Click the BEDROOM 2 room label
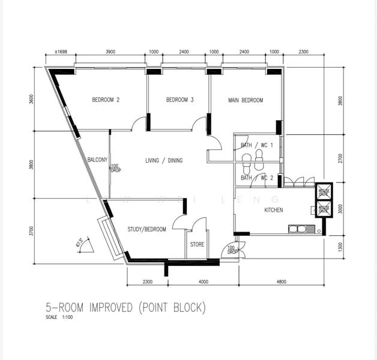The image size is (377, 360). pyautogui.click(x=106, y=100)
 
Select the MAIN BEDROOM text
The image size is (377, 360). pyautogui.click(x=246, y=100)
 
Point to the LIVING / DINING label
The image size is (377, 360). pyautogui.click(x=164, y=160)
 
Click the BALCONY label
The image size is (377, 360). pyautogui.click(x=97, y=160)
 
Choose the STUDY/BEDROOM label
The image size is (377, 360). pyautogui.click(x=146, y=229)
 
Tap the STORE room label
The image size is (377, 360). pyautogui.click(x=198, y=245)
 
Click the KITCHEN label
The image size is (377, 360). pyautogui.click(x=274, y=210)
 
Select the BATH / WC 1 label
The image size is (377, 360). pyautogui.click(x=257, y=145)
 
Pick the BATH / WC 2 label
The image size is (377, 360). pyautogui.click(x=257, y=178)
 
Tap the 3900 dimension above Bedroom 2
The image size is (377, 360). pyautogui.click(x=110, y=52)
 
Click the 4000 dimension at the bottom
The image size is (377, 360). pyautogui.click(x=203, y=281)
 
